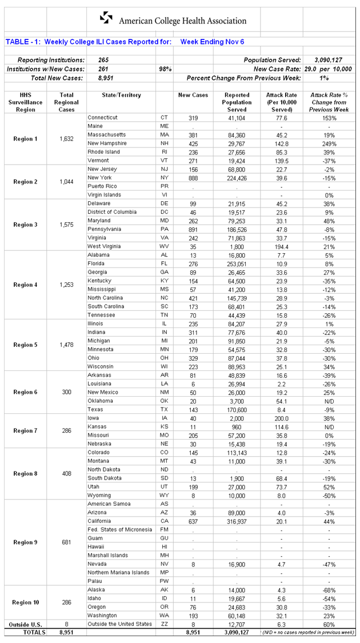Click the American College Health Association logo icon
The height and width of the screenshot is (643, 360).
coord(106,18)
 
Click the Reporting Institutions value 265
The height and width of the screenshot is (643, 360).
coord(103,60)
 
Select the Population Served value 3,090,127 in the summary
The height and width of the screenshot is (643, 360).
coord(328,60)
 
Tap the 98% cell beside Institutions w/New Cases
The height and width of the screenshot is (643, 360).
coord(165,69)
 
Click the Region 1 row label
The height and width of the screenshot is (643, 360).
coord(25,139)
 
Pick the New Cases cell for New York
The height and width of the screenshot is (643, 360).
coord(193,178)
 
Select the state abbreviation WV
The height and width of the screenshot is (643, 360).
coord(165,246)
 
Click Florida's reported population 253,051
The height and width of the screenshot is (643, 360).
coord(237,263)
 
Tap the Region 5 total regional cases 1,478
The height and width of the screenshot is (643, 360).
coord(66,345)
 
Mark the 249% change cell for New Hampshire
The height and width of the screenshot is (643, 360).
coord(329,143)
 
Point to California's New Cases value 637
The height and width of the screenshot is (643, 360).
coord(193,521)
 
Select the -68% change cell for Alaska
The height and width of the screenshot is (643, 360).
coord(329,589)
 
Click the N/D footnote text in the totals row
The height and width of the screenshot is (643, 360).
coord(309,633)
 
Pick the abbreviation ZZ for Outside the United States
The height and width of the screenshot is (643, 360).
coord(165,624)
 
